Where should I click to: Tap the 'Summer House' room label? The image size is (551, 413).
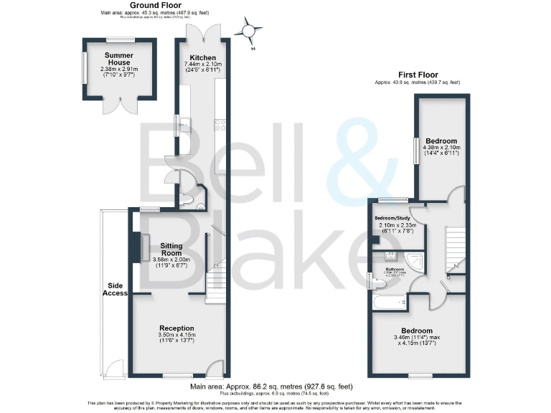119,59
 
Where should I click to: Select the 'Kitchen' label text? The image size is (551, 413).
202,57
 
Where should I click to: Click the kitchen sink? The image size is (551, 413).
183,126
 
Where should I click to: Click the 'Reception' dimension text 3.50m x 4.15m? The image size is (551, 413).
178,334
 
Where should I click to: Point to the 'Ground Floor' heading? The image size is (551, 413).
154,5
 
